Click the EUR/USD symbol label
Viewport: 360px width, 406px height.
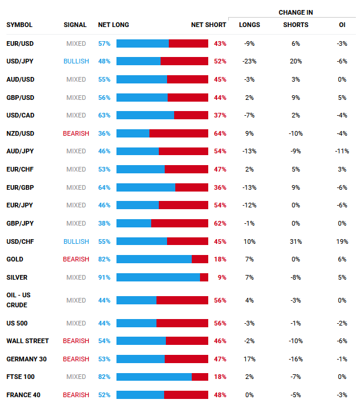[20, 43]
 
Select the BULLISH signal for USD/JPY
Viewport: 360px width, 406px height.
[76, 61]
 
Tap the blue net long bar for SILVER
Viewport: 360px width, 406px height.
[158, 277]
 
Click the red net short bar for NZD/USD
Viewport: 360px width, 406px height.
[179, 133]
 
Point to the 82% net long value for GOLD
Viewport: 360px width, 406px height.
[104, 259]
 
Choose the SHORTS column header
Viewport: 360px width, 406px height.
[295, 25]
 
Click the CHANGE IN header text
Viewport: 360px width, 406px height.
[295, 12]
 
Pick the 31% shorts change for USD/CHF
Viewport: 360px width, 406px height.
[295, 241]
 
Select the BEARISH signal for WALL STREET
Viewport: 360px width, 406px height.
[76, 341]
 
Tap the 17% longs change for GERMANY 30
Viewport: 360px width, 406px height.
[249, 359]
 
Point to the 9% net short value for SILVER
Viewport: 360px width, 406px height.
[222, 277]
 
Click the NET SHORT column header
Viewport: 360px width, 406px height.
[208, 25]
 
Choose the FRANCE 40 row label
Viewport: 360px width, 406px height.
[24, 395]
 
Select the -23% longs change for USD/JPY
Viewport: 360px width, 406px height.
[249, 61]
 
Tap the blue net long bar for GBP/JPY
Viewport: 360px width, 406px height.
[134, 223]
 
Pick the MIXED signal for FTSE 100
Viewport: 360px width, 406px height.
[76, 377]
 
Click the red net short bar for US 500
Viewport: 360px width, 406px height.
[182, 323]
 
